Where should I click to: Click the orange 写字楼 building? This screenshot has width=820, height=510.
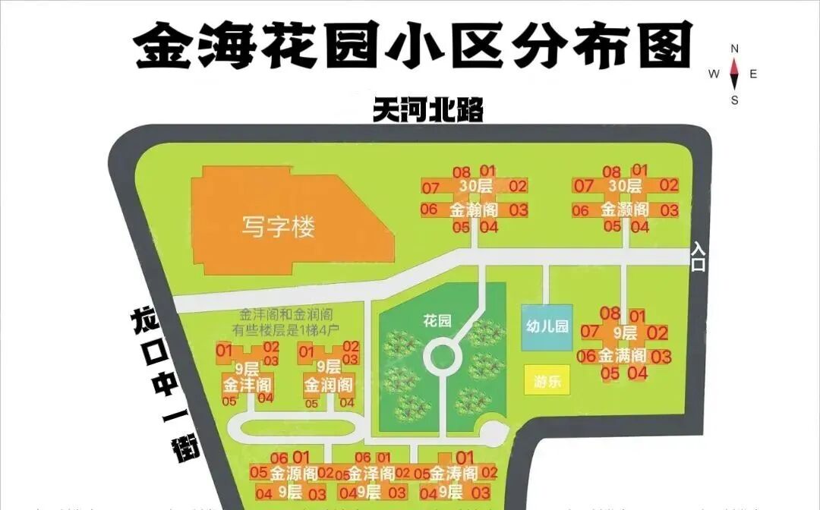pyautogui.click(x=279, y=226)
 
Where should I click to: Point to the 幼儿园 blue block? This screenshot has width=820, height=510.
pyautogui.click(x=547, y=327)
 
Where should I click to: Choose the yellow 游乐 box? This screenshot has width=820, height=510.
pyautogui.click(x=547, y=381)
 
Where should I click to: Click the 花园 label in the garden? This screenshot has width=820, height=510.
pyautogui.click(x=437, y=321)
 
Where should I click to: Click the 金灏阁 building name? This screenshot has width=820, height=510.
pyautogui.click(x=625, y=209)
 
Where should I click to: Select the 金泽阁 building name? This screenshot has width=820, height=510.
pyautogui.click(x=371, y=474)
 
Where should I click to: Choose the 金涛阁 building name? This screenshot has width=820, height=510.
pyautogui.click(x=454, y=474)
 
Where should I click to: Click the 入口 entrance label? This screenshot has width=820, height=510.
pyautogui.click(x=698, y=257)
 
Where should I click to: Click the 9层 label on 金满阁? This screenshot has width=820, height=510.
pyautogui.click(x=624, y=333)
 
